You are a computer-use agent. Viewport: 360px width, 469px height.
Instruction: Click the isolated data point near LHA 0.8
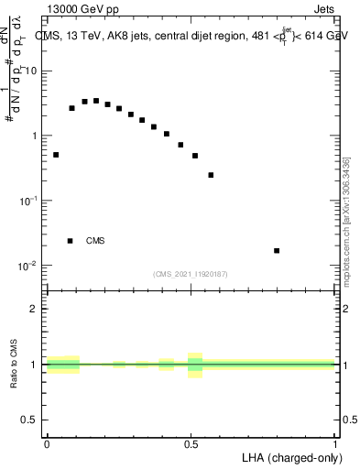(277, 250)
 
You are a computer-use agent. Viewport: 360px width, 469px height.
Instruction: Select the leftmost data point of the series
(56, 155)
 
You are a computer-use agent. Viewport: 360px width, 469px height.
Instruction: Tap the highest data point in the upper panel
(96, 101)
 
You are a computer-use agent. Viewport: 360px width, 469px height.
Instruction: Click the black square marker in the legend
(71, 241)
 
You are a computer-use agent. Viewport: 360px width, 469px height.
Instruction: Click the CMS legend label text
(95, 241)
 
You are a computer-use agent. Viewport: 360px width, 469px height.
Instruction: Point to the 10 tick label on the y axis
(32, 71)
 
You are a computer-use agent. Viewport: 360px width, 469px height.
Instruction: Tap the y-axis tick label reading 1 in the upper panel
(36, 136)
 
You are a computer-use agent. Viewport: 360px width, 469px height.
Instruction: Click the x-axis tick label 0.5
(191, 443)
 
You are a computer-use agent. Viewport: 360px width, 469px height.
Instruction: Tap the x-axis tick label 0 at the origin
(47, 443)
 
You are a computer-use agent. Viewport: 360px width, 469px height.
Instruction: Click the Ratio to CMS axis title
(15, 365)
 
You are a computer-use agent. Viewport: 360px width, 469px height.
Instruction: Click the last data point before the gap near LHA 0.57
(211, 175)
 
